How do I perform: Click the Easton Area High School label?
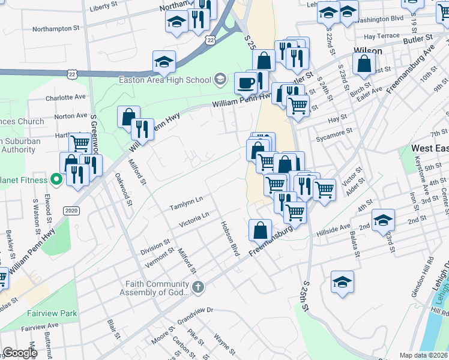point(165,80)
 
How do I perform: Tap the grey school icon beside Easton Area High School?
point(220,79)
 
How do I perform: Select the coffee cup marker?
point(245,83)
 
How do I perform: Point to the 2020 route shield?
point(71,211)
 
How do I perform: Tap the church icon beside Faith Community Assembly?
point(198,288)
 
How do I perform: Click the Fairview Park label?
point(52,313)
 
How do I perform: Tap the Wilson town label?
point(368,51)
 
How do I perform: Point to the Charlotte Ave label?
point(66,97)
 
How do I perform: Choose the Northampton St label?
point(56,28)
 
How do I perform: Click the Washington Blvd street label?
point(379,19)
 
